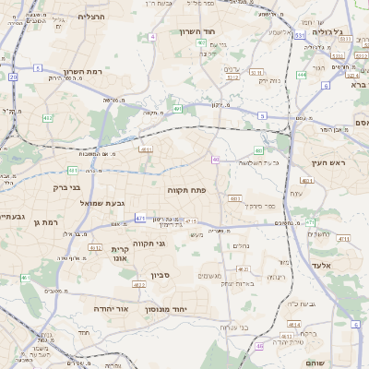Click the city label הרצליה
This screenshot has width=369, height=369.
tap(93, 17)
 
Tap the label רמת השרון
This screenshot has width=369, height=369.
tap(88, 71)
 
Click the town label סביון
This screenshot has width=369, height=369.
tap(161, 275)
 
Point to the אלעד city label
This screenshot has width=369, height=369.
tap(329, 265)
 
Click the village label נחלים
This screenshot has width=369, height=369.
tap(238, 245)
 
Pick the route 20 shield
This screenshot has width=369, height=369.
tap(14, 77)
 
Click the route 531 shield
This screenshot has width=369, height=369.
tap(301, 36)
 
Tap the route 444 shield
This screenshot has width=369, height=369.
tap(302, 76)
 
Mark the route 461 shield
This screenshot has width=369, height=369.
tap(25, 278)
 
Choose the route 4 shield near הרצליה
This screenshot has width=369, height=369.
tap(38, 68)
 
